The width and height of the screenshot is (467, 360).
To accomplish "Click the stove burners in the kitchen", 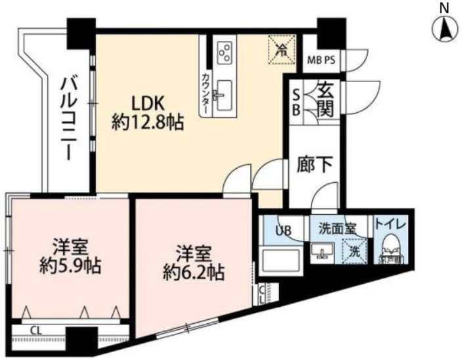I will (225, 51).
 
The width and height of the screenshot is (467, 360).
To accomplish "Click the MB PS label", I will (322, 60).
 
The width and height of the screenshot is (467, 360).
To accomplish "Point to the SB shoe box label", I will (296, 102).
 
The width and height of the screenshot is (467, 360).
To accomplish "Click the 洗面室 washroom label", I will (337, 229).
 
